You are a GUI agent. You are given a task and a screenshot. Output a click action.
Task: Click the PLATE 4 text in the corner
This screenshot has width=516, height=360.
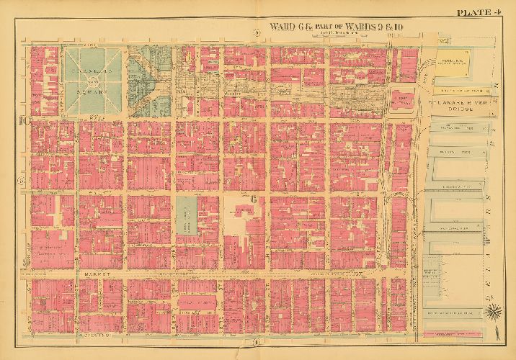[x=478, y=12]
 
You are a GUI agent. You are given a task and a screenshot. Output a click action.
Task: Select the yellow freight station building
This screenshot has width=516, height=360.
[x=453, y=63]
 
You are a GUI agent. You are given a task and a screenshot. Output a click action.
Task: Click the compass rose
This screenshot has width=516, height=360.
[x=494, y=312]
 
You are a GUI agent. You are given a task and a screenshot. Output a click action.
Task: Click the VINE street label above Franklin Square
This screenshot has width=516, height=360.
[x=90, y=44]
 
